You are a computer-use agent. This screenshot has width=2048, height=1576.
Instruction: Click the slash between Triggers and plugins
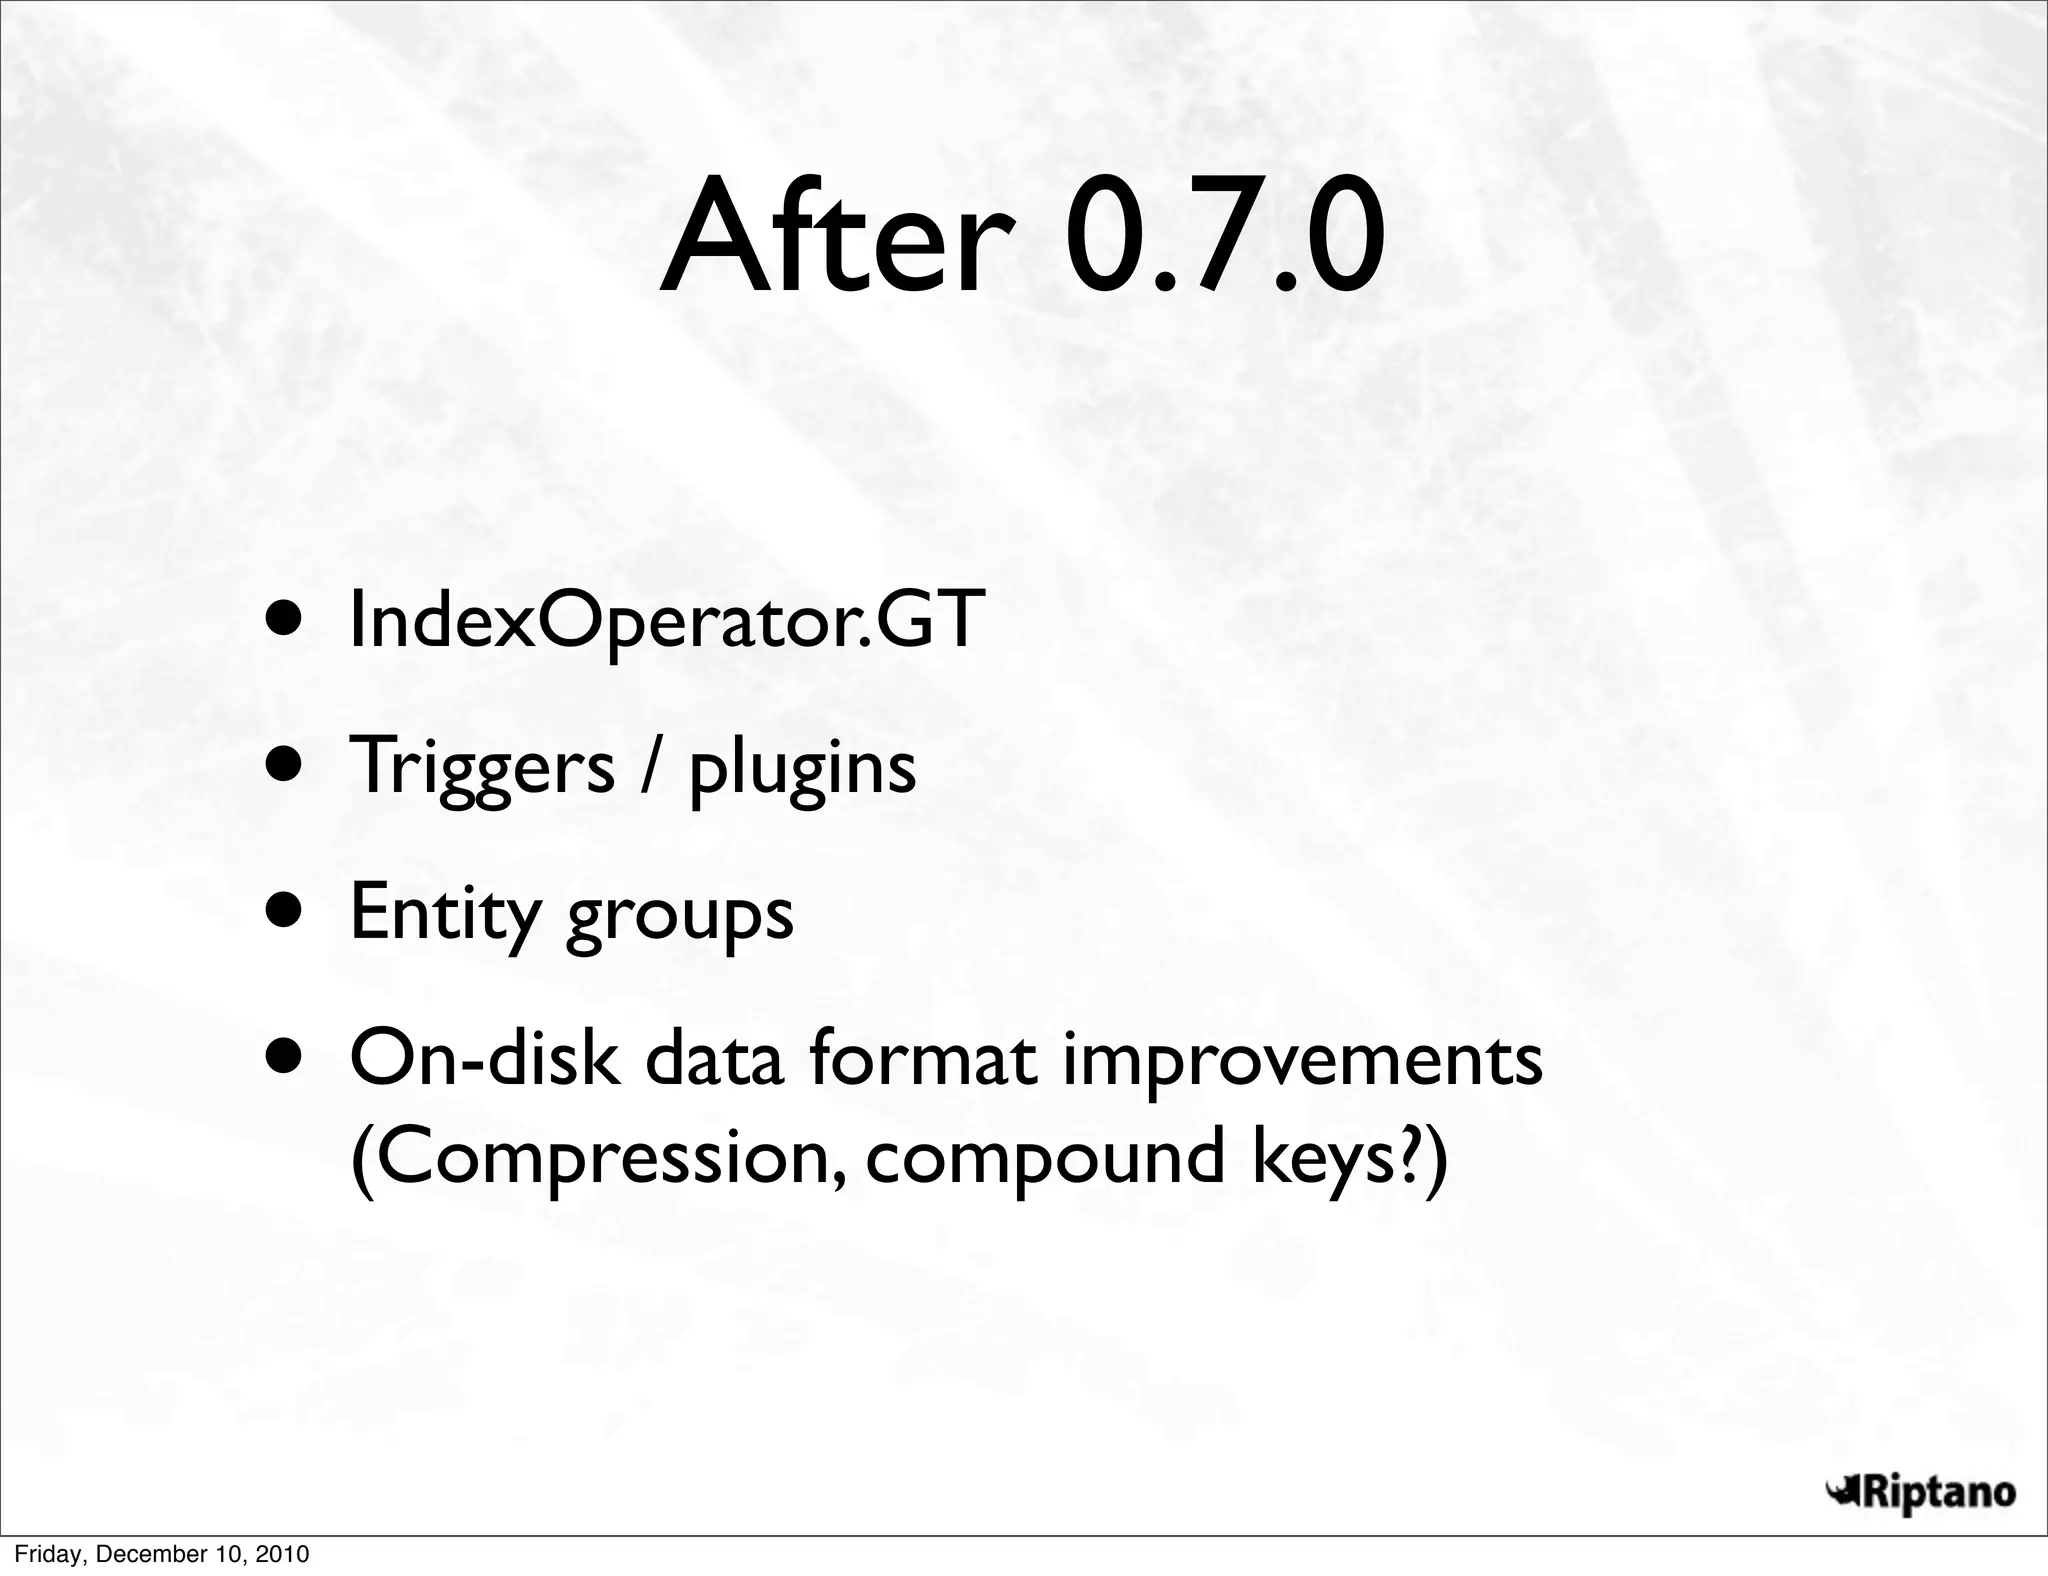[651, 766]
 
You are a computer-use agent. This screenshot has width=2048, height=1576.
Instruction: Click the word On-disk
[484, 1060]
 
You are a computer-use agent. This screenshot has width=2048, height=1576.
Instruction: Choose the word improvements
[1301, 1062]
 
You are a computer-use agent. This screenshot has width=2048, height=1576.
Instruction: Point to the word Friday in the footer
[39, 1554]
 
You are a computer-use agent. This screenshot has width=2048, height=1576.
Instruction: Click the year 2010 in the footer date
[283, 1554]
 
